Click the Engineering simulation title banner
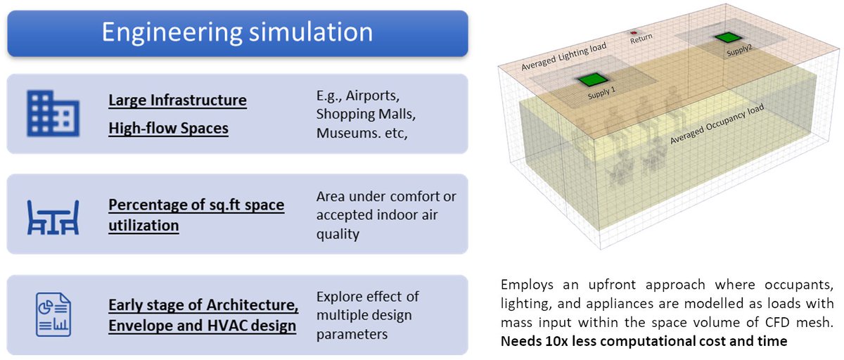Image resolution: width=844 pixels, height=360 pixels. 237,32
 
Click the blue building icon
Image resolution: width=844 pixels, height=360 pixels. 53,112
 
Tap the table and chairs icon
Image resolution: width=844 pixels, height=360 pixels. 53,216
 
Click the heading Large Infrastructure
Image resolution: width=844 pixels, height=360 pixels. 177,101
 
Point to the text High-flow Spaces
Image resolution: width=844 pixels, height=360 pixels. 168,129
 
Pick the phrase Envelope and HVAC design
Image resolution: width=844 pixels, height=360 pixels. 202,326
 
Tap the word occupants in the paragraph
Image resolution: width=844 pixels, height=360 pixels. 800,285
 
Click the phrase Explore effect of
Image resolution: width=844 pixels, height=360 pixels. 367,296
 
